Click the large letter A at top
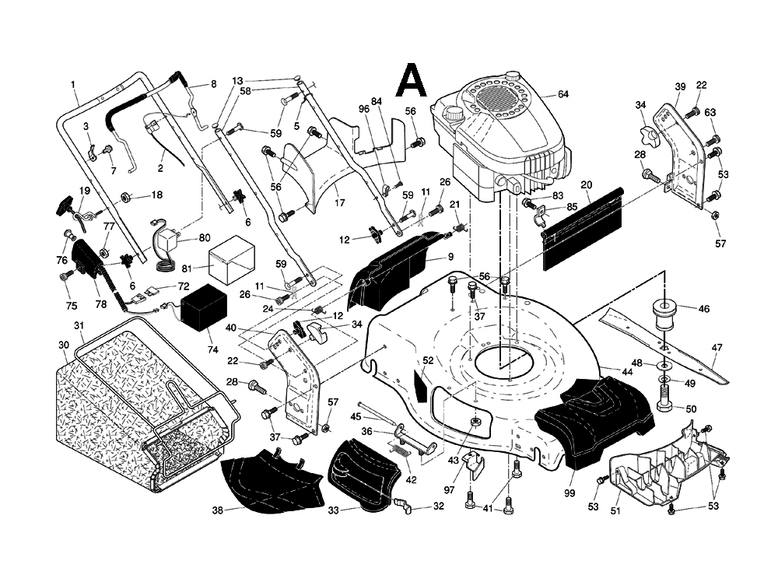pyautogui.click(x=411, y=80)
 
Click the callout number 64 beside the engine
pyautogui.click(x=563, y=95)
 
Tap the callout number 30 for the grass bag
pyautogui.click(x=64, y=345)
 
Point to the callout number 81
pyautogui.click(x=187, y=268)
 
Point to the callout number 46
pyautogui.click(x=704, y=309)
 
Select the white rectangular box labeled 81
pyautogui.click(x=230, y=262)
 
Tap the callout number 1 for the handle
pyautogui.click(x=72, y=83)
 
